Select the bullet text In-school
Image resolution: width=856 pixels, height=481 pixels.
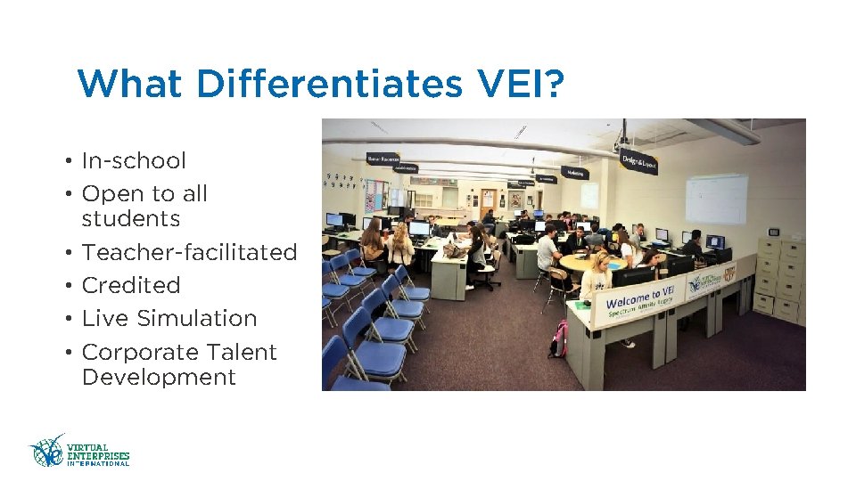(x=134, y=161)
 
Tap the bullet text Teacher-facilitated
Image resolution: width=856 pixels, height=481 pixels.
(x=189, y=253)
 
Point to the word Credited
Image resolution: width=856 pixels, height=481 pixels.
(x=131, y=286)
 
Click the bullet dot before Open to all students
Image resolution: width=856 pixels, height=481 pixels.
(x=68, y=194)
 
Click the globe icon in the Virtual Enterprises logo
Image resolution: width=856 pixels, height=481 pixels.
(x=47, y=451)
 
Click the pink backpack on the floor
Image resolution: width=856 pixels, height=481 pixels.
(x=559, y=339)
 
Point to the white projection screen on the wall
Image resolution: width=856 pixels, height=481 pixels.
(x=716, y=199)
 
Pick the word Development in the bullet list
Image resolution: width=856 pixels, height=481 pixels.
(x=159, y=378)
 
